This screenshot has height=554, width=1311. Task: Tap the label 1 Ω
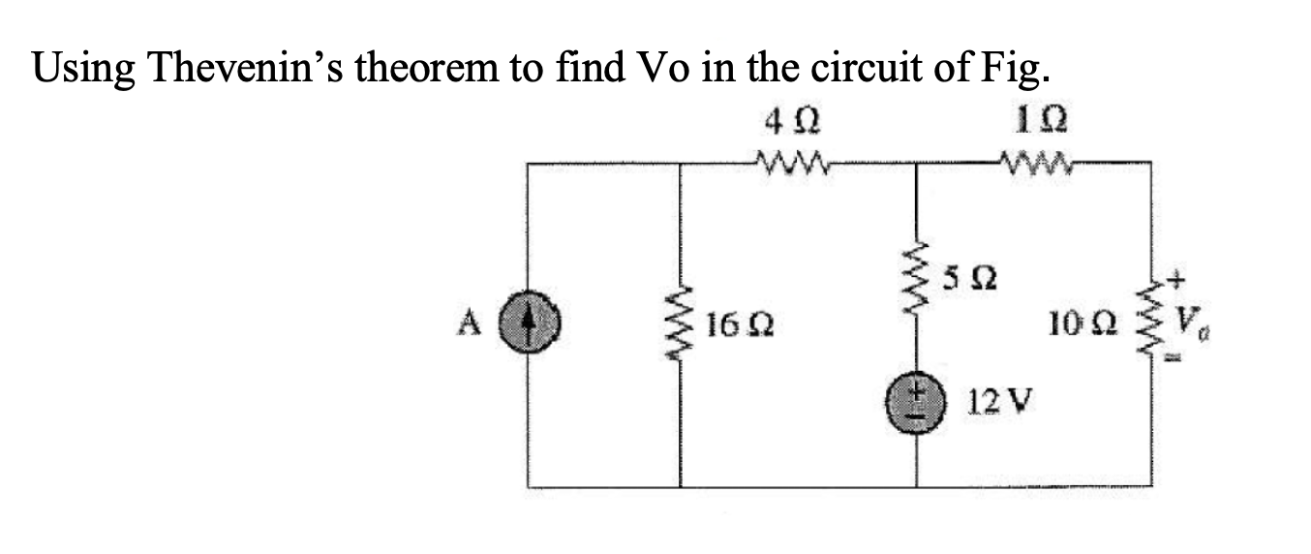point(1032,125)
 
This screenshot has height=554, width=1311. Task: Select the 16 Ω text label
point(737,322)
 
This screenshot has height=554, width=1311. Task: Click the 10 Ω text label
point(1093,319)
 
